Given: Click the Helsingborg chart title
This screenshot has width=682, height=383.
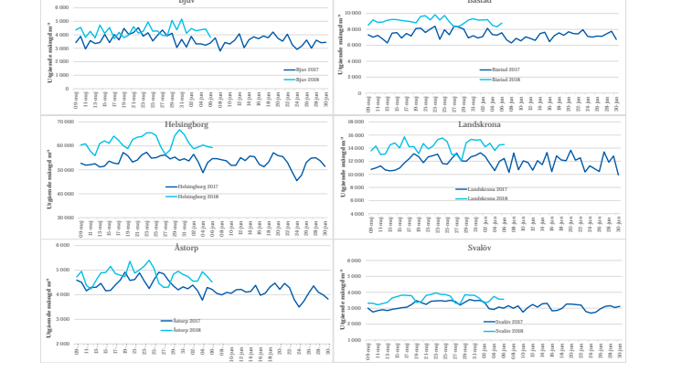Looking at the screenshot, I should tap(186, 124).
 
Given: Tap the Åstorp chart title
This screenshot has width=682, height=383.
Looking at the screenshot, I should tap(186, 248).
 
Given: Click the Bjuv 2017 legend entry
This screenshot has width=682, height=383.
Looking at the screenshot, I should tap(305, 69).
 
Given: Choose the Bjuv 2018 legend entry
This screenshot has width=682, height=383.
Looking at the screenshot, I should tap(305, 79).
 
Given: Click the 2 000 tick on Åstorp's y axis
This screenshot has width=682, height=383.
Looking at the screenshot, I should tap(62, 345).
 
